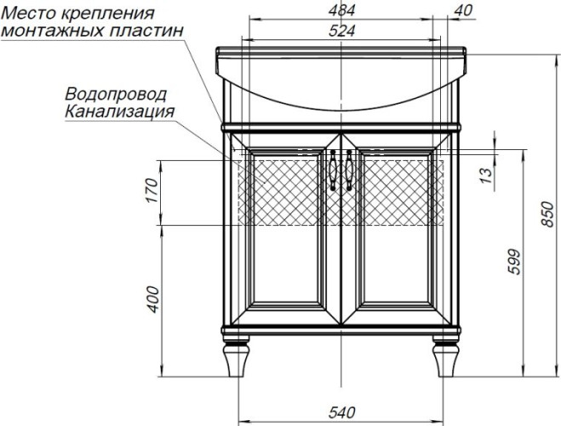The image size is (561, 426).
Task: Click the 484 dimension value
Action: [341, 10]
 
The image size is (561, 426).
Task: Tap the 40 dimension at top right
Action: [463, 10]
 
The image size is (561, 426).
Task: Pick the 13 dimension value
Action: [486, 176]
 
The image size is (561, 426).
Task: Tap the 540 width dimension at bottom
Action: [341, 413]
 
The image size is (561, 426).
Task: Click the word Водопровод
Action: [116, 94]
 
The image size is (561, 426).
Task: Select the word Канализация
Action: [119, 111]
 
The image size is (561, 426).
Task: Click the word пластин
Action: [150, 32]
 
